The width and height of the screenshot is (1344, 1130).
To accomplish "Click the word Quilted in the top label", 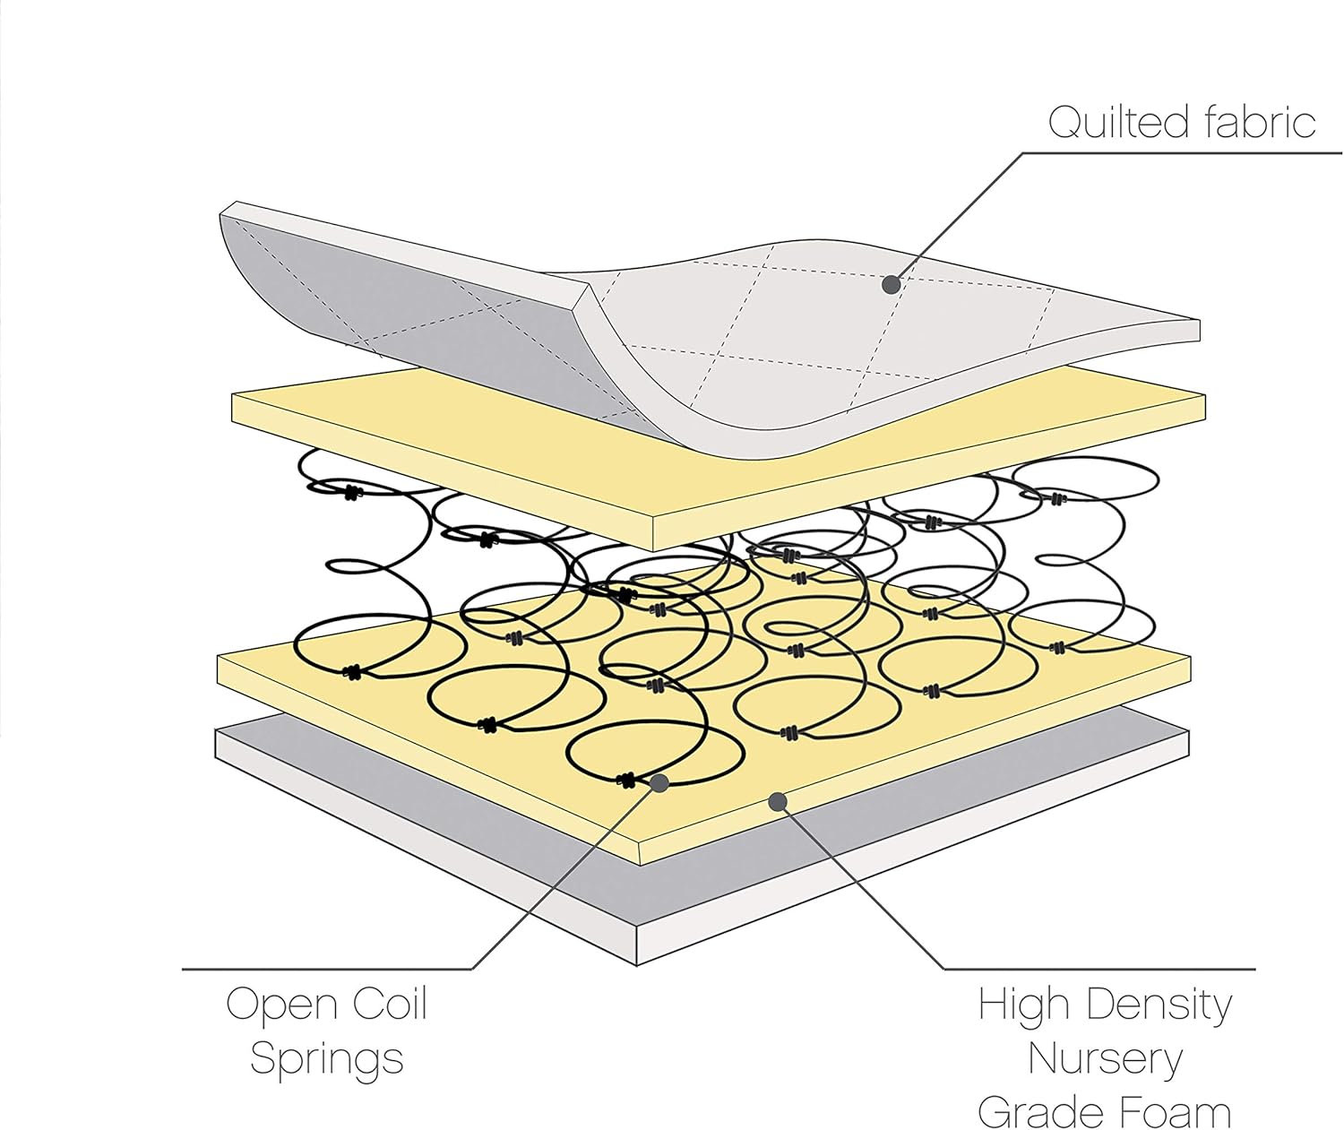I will pos(1119,123).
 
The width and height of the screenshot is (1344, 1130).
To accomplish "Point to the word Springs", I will pos(327,1059).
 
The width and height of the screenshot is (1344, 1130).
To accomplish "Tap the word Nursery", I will pos(1105,1060).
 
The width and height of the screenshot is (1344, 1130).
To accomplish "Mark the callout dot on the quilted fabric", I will pos(891,285).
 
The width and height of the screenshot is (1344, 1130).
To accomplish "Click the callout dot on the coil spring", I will pos(660,783).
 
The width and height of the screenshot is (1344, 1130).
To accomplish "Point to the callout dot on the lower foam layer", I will pos(779,801).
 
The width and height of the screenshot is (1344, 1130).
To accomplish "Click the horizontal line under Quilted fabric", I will pos(1183,153).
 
